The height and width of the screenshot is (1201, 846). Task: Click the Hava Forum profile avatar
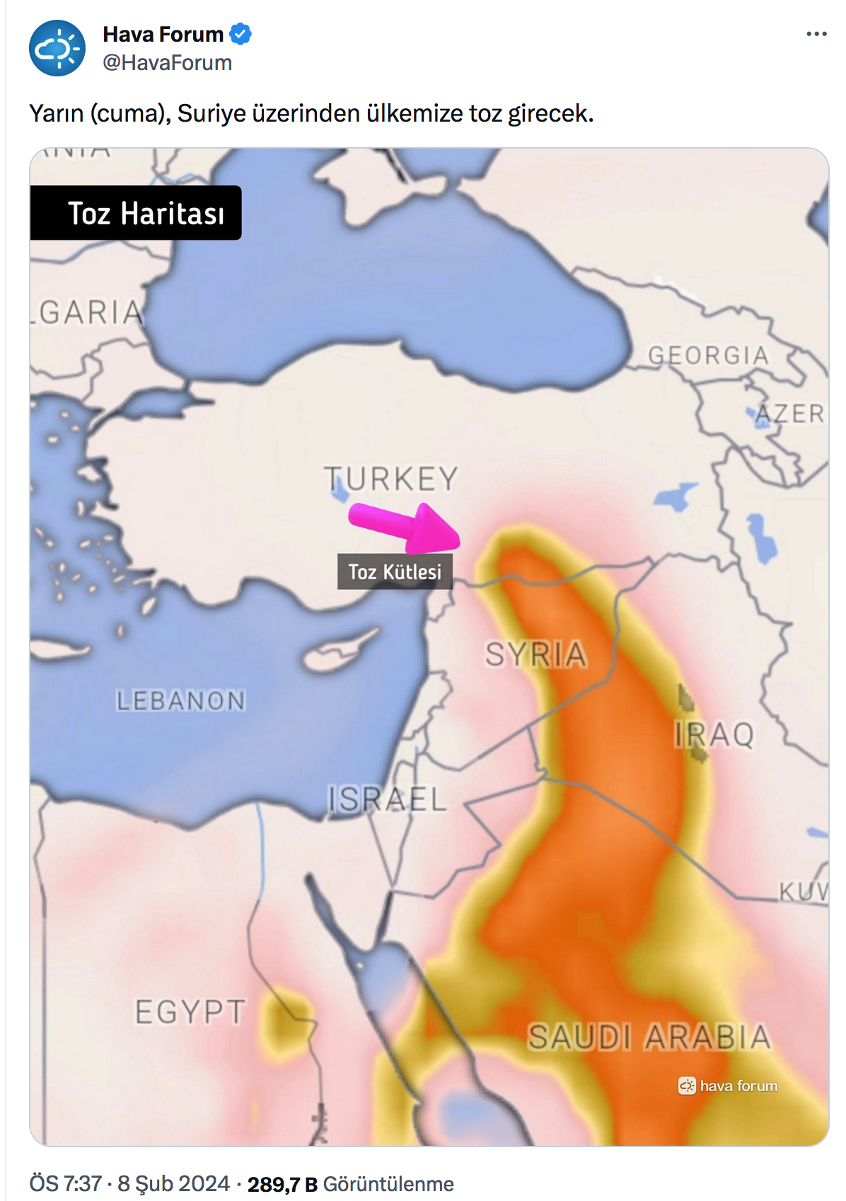57,48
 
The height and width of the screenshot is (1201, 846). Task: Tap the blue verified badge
241,34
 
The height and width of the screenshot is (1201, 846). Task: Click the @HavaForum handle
168,63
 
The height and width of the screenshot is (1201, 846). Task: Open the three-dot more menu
816,34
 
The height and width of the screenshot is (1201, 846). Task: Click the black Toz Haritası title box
136,213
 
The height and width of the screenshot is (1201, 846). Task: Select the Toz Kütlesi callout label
395,572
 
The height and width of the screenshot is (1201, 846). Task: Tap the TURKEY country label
391,479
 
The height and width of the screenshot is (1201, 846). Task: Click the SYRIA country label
535,654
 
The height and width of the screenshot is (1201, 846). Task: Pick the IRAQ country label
714,735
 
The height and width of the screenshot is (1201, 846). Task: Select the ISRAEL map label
387,799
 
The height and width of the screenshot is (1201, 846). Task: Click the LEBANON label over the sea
180,701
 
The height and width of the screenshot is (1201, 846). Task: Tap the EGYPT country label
190,1012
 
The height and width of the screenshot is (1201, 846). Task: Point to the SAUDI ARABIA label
649,1038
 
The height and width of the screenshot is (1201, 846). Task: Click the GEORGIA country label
708,355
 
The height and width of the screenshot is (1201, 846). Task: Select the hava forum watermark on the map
728,1086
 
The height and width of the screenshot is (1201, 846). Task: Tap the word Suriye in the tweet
211,113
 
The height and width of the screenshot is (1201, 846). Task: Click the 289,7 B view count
282,1184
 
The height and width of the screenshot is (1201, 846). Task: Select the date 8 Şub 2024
173,1184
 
